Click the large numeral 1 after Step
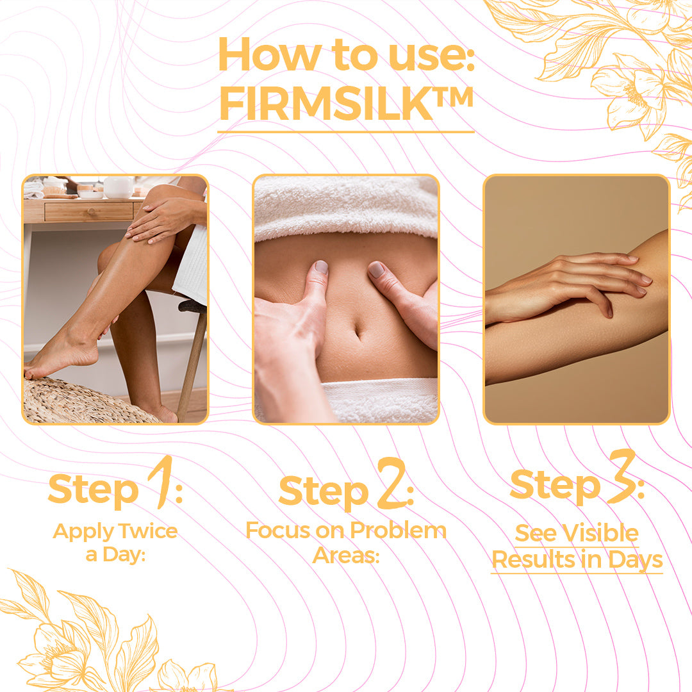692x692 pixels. (x=161, y=482)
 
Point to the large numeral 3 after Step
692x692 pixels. (x=622, y=477)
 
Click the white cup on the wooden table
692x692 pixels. (x=119, y=187)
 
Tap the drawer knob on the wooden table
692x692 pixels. (x=90, y=212)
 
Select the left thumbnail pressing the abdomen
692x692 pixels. (x=321, y=267)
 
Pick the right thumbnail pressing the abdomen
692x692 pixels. (x=376, y=269)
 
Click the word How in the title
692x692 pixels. (x=269, y=54)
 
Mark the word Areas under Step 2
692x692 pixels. (x=345, y=555)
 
